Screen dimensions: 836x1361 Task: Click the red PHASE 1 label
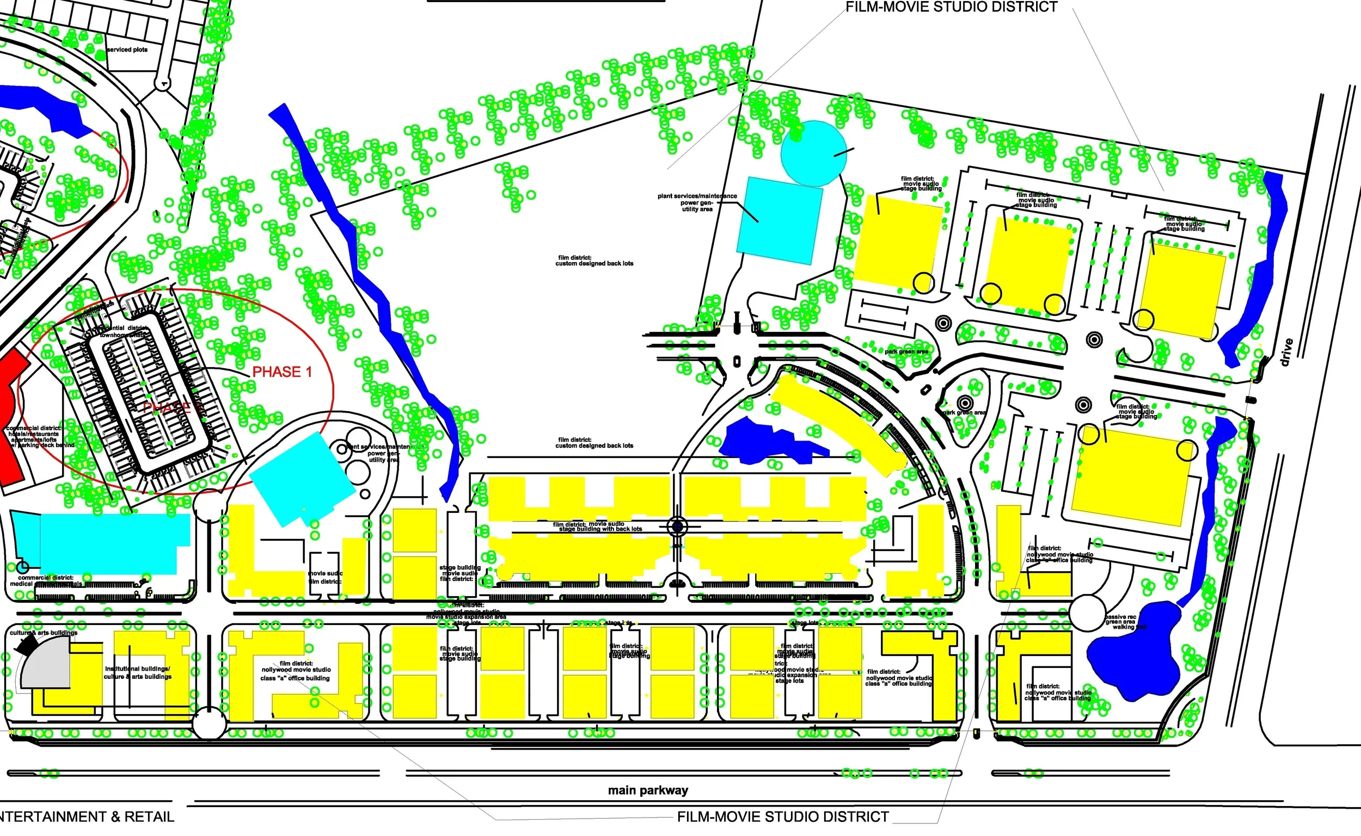(x=282, y=372)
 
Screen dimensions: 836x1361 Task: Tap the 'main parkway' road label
(x=648, y=790)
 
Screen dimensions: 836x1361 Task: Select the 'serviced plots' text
(x=127, y=49)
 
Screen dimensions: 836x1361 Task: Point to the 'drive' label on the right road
(x=1286, y=352)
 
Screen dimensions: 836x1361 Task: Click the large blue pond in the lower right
(x=1131, y=658)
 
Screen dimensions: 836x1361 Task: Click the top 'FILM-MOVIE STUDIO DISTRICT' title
(x=952, y=7)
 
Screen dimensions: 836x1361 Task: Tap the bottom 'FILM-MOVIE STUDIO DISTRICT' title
(x=783, y=816)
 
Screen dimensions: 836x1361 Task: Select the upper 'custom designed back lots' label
(x=594, y=261)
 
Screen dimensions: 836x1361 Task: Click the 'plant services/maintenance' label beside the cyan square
(x=697, y=202)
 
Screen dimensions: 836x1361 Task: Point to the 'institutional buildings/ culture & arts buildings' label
(x=138, y=672)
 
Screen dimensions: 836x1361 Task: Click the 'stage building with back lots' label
(x=598, y=527)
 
